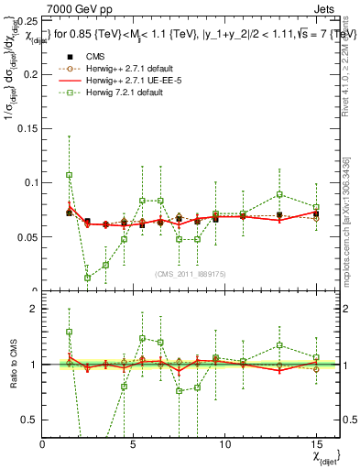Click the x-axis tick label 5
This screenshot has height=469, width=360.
134,443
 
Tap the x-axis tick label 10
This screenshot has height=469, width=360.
224,443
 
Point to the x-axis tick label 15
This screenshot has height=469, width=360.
315,443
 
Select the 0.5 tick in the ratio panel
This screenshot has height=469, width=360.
27,419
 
